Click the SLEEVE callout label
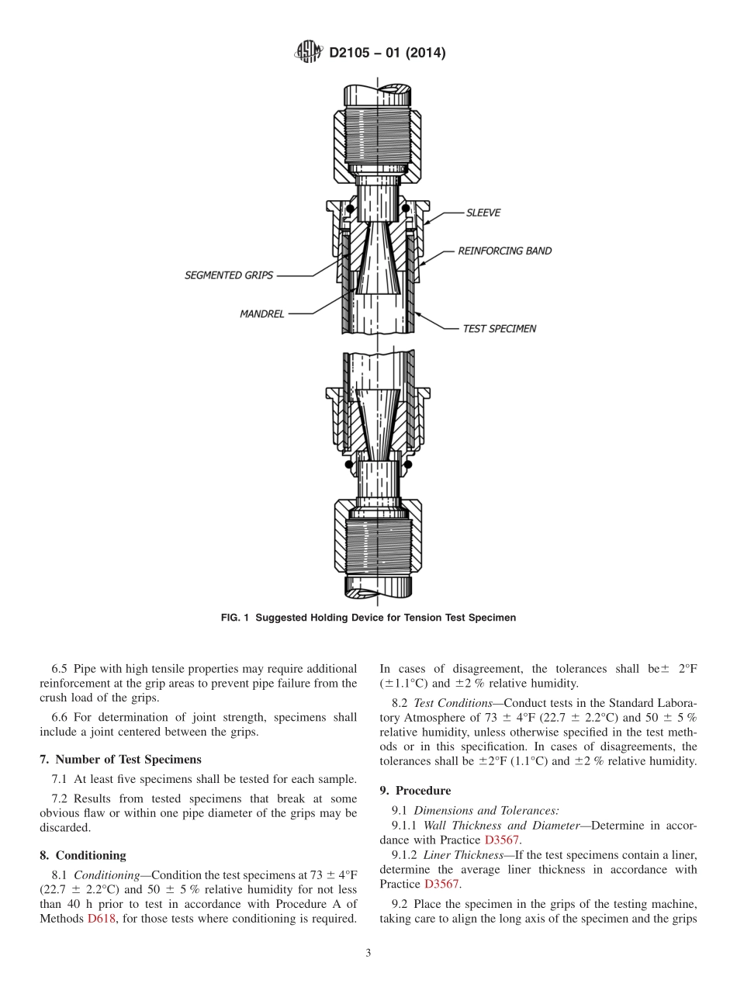click(483, 213)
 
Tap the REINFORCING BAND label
click(504, 251)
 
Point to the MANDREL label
click(262, 314)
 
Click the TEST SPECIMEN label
click(500, 329)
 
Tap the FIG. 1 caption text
click(368, 618)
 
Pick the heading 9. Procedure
click(415, 791)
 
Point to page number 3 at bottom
click(368, 954)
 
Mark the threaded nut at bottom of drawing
click(378, 535)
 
